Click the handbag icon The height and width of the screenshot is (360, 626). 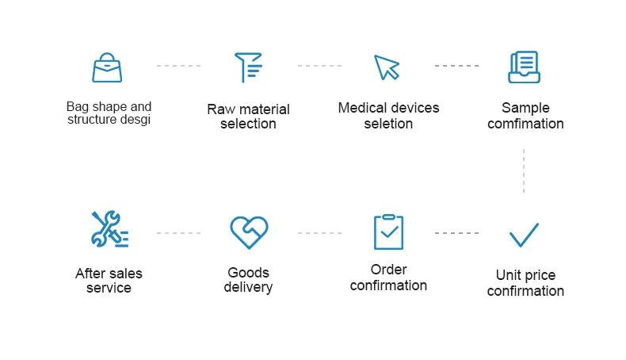coord(108,67)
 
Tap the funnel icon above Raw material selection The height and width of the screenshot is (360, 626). coord(247,67)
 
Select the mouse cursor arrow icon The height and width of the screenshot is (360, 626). coord(387,67)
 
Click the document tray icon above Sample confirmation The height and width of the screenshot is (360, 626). coord(524,67)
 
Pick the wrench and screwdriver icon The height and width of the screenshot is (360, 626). coord(109,229)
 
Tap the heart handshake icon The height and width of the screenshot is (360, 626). coord(249,232)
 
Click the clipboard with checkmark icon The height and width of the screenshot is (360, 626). coord(388,232)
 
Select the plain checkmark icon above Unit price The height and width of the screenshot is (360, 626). coord(524,235)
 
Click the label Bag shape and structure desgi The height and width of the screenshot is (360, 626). coord(109,113)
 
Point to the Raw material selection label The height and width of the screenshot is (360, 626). coord(249,117)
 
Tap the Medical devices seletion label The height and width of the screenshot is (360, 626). coord(388,116)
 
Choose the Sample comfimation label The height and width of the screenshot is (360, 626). coord(525,116)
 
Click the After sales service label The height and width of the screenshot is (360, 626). coord(109,281)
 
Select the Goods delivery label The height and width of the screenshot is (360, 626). coord(249,280)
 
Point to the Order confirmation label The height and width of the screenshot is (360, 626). coord(388,278)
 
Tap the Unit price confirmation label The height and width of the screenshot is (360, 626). coord(525,283)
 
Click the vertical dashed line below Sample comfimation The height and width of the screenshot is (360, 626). coord(524,170)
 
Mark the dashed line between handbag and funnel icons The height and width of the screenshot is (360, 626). coord(178,66)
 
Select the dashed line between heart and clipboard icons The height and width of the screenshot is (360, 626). coord(319,233)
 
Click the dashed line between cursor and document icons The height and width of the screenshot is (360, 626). coord(456,66)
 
